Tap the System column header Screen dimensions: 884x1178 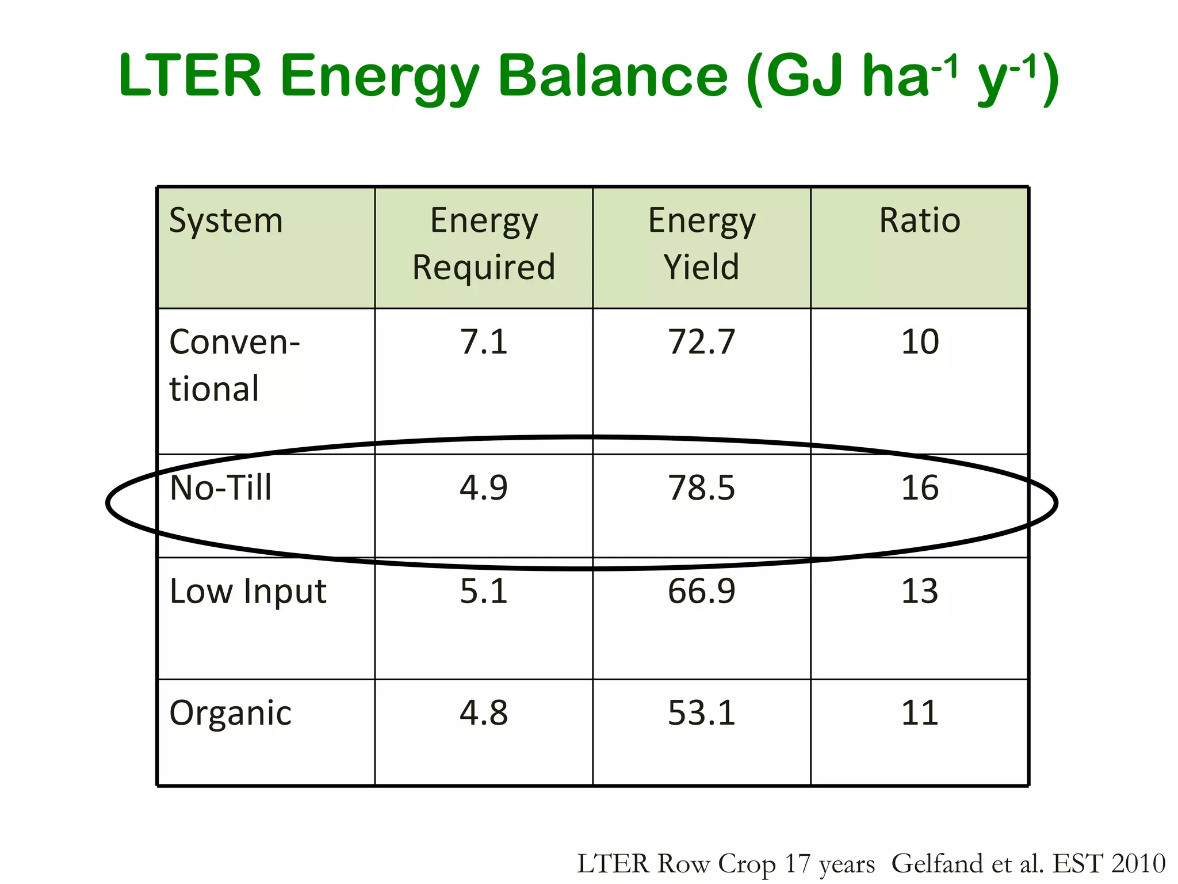[x=226, y=220]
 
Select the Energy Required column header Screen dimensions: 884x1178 [x=484, y=244]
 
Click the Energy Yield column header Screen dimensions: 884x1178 [x=702, y=244]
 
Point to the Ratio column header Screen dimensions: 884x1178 [x=919, y=220]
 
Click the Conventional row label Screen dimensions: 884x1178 [x=235, y=365]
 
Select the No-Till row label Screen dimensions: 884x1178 [x=221, y=488]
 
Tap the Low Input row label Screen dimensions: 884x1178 [x=248, y=591]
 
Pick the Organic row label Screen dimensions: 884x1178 [x=231, y=713]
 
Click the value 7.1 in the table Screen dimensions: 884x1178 [x=484, y=342]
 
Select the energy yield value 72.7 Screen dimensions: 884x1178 [x=702, y=342]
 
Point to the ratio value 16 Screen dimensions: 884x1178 [x=919, y=488]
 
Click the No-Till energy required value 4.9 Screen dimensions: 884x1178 [x=484, y=488]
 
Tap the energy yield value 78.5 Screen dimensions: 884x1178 [x=702, y=488]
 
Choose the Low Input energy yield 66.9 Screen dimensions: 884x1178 [x=702, y=591]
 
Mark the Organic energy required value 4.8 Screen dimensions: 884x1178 [x=484, y=713]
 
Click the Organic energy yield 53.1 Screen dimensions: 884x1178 [x=702, y=713]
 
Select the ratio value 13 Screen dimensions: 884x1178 [x=919, y=591]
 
